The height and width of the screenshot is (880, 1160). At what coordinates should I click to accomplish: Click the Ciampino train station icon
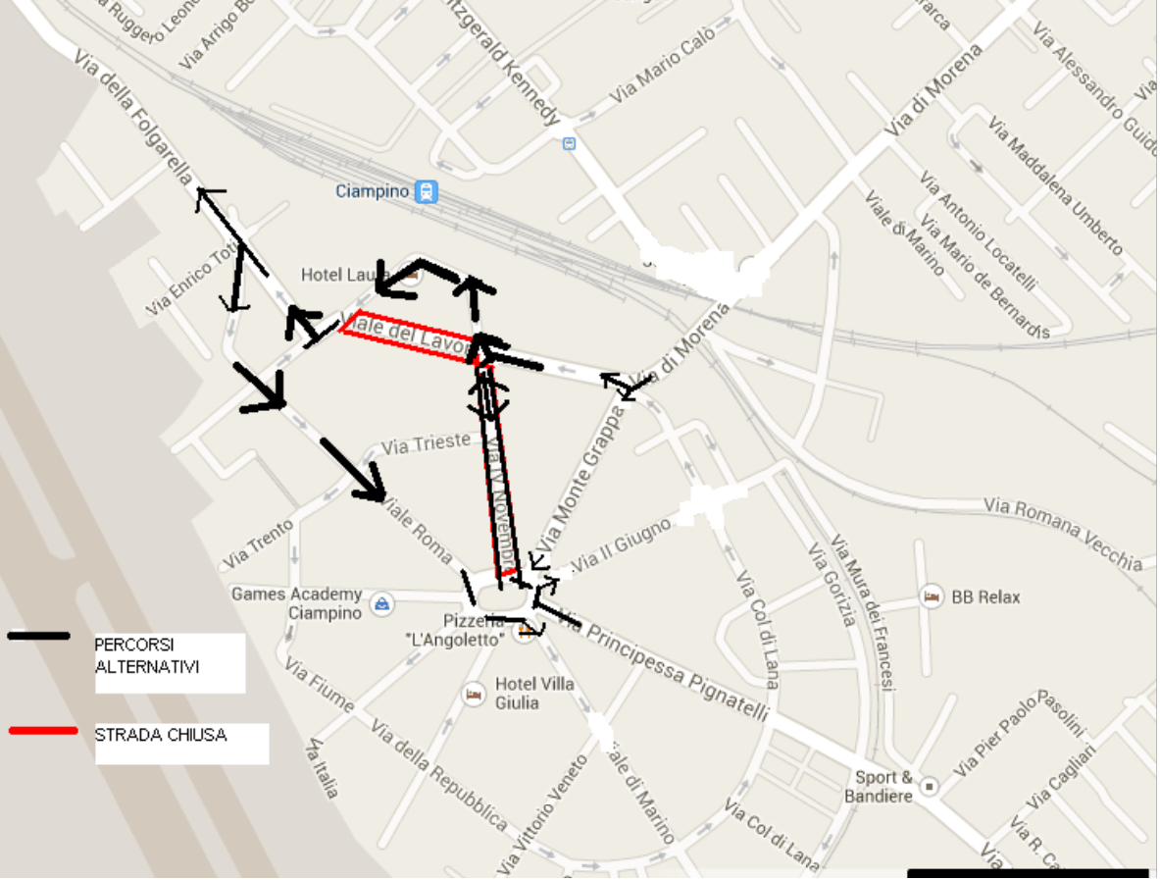click(426, 191)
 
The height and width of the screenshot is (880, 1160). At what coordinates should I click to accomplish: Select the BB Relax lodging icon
click(932, 596)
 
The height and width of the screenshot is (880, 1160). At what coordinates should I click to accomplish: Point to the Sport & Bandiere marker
click(930, 786)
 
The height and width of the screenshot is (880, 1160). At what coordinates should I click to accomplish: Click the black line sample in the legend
click(39, 636)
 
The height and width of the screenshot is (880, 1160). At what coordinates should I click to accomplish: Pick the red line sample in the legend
click(43, 731)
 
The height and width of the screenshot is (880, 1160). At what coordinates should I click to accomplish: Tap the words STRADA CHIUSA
click(161, 734)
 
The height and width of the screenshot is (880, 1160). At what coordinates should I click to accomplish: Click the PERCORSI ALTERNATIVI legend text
click(147, 656)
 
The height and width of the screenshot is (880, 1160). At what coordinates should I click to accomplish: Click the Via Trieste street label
click(427, 444)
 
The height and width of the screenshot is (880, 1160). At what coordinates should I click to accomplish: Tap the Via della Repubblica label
click(439, 775)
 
